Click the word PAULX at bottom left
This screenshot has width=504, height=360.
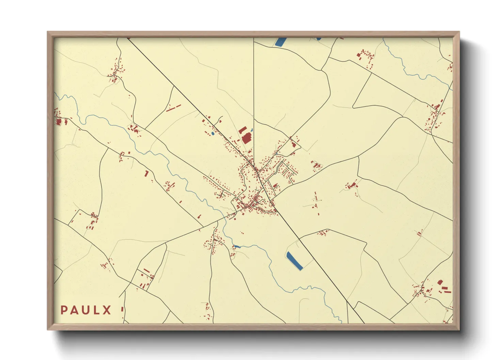click(86, 310)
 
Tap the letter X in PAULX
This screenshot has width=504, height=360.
click(107, 310)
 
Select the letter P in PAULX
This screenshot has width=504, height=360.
click(64, 310)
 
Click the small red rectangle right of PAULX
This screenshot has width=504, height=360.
click(122, 309)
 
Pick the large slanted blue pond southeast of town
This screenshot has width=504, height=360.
click(295, 261)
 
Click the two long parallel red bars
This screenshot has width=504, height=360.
click(173, 108)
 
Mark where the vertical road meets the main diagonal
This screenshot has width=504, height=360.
click(254, 167)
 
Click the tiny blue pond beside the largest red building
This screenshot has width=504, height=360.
click(252, 130)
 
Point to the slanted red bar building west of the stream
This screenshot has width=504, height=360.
click(146, 174)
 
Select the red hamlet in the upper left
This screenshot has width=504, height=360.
click(115, 73)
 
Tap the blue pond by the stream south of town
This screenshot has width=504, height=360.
click(236, 246)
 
